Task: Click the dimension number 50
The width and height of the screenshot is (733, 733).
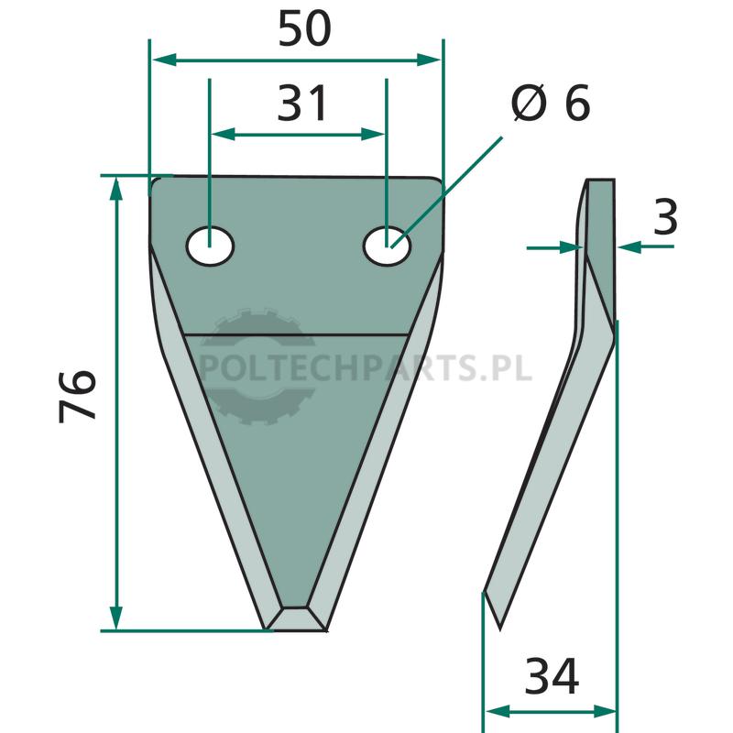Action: click(x=305, y=29)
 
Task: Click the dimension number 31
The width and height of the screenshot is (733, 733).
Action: click(x=302, y=104)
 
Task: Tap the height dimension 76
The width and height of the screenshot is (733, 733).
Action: click(x=78, y=397)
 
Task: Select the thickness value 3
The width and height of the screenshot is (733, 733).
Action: click(x=665, y=217)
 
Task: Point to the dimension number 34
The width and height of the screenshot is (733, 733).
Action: click(x=552, y=675)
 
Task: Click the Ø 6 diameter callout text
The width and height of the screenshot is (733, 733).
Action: click(x=551, y=103)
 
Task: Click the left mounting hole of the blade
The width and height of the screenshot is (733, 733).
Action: click(x=210, y=246)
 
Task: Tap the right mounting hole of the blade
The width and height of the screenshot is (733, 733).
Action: click(x=387, y=246)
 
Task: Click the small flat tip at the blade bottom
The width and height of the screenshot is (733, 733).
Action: click(x=296, y=619)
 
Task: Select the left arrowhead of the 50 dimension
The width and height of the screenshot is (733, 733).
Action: click(x=164, y=60)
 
